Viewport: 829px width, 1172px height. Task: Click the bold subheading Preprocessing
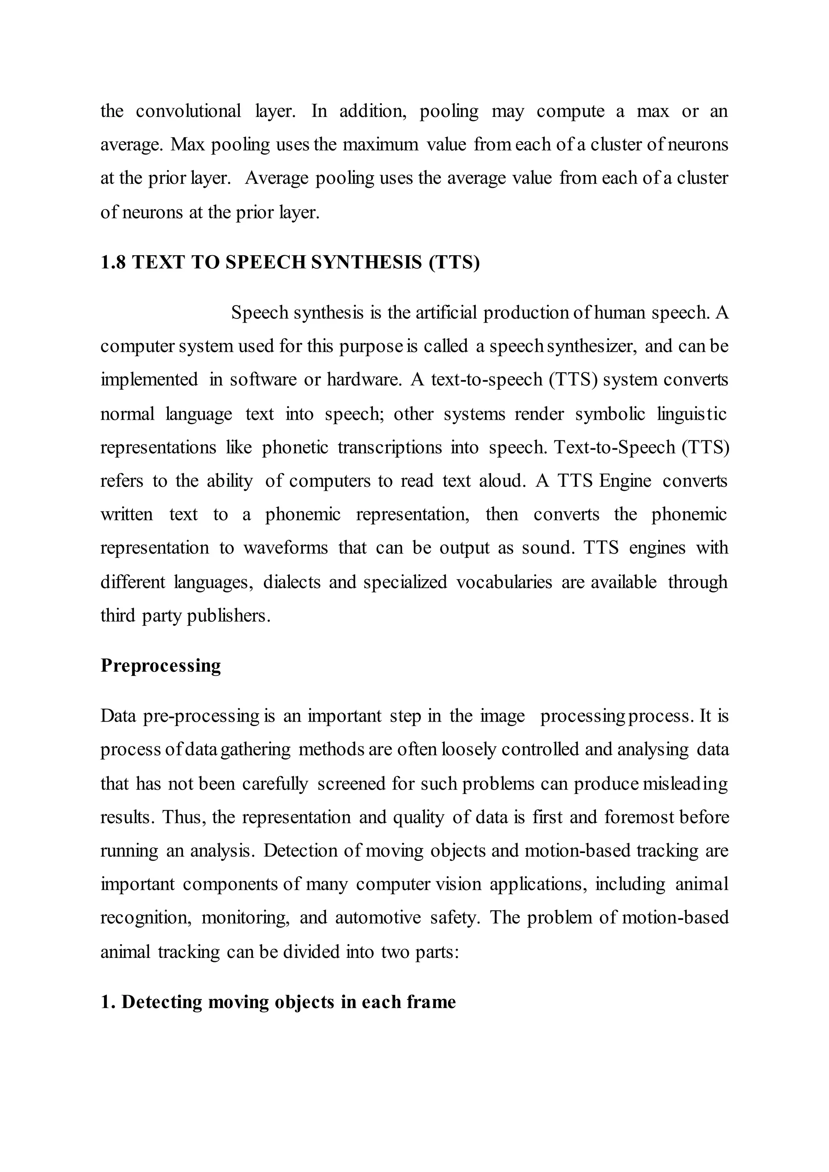(x=160, y=666)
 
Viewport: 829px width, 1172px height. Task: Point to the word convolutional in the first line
(x=188, y=111)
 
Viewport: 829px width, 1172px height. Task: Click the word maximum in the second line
(x=380, y=145)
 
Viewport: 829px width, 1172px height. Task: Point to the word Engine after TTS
(x=625, y=481)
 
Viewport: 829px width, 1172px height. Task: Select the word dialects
(x=291, y=582)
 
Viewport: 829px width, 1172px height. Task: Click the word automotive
(x=378, y=918)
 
